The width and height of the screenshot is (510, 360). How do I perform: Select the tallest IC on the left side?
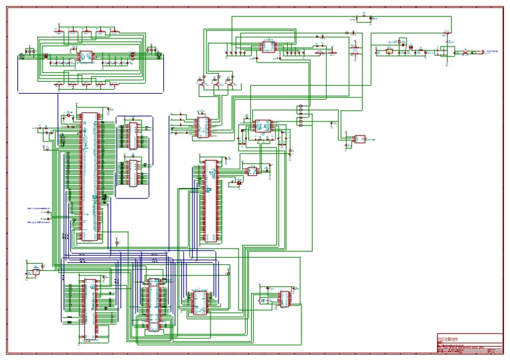88,176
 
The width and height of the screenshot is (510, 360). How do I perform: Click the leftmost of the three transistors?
201,83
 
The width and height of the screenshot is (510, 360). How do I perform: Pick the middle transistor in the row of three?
216,83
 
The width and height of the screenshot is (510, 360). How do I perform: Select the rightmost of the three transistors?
230,83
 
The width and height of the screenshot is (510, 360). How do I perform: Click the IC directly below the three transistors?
202,126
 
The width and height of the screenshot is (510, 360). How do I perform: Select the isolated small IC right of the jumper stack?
360,139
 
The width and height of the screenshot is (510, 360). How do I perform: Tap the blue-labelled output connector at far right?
492,50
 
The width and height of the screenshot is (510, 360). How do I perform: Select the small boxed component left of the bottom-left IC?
36,272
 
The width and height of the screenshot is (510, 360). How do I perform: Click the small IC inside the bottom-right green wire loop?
284,298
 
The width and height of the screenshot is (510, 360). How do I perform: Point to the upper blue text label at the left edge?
38,208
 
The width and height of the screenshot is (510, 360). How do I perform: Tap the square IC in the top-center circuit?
268,47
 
